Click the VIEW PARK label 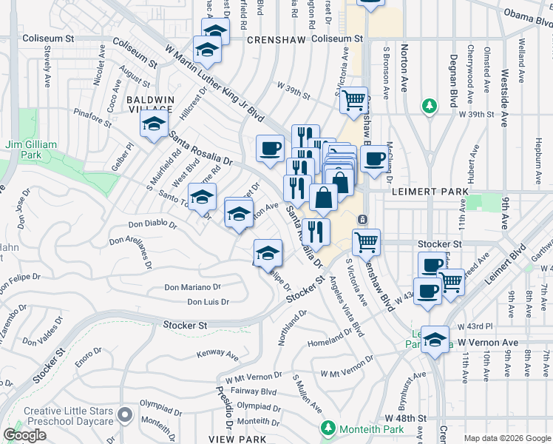tap(237, 439)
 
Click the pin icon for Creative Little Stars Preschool tap(125, 413)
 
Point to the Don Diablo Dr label tap(154, 223)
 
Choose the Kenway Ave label tap(217, 354)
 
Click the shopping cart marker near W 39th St tap(354, 100)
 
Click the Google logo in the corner tap(24, 434)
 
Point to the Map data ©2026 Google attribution tap(507, 438)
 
